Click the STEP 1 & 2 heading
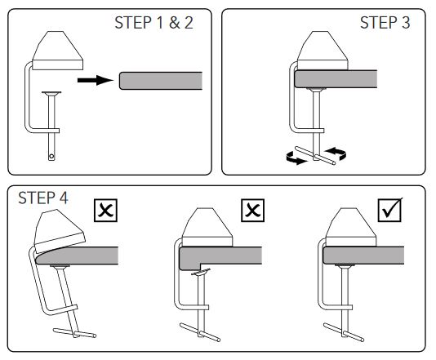pyautogui.click(x=153, y=23)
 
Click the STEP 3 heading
pyautogui.click(x=385, y=23)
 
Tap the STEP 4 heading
pyautogui.click(x=43, y=198)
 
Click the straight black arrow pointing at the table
pyautogui.click(x=96, y=80)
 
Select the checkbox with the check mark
pyautogui.click(x=390, y=210)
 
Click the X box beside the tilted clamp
pyautogui.click(x=105, y=211)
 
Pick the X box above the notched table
pyautogui.click(x=253, y=211)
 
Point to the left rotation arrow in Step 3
pyautogui.click(x=296, y=158)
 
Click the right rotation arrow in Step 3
pyautogui.click(x=336, y=153)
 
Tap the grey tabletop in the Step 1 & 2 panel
pyautogui.click(x=161, y=81)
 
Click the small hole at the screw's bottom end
pyautogui.click(x=51, y=157)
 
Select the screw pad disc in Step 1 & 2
pyautogui.click(x=51, y=93)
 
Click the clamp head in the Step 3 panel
pyautogui.click(x=323, y=51)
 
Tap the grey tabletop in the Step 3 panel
pyautogui.click(x=336, y=79)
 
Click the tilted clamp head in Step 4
pyautogui.click(x=59, y=230)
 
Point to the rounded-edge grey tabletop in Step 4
pyautogui.click(x=77, y=256)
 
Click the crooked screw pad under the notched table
pyautogui.click(x=201, y=272)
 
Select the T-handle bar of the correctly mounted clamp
pyautogui.click(x=344, y=332)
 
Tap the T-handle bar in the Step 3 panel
pyautogui.click(x=315, y=156)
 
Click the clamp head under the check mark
pyautogui.click(x=351, y=227)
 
